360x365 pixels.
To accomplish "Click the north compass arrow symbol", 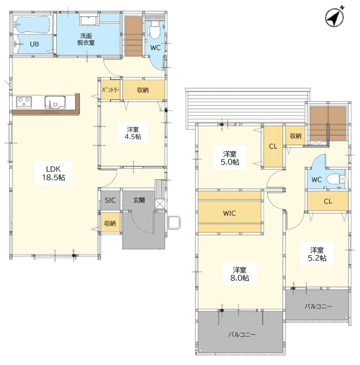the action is pyautogui.click(x=334, y=17).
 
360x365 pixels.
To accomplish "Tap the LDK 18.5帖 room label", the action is pyautogui.click(x=53, y=173).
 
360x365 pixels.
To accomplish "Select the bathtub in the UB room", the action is pyautogui.click(x=32, y=25).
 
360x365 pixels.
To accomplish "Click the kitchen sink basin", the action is pyautogui.click(x=55, y=102).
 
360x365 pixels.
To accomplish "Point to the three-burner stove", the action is pyautogui.click(x=24, y=102).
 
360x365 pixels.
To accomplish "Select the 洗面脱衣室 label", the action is pyautogui.click(x=86, y=39).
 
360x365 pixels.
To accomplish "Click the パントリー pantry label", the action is pyautogui.click(x=111, y=90).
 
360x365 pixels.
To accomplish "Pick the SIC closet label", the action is pyautogui.click(x=110, y=200).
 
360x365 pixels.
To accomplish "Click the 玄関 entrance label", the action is pyautogui.click(x=139, y=200).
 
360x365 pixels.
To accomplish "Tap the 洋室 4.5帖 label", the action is pyautogui.click(x=133, y=133).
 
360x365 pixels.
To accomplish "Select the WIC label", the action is pyautogui.click(x=230, y=213).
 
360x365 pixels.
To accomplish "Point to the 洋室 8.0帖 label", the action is pyautogui.click(x=240, y=274).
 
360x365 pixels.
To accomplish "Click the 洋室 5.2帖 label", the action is pyautogui.click(x=317, y=254).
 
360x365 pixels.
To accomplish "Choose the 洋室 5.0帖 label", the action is pyautogui.click(x=230, y=158).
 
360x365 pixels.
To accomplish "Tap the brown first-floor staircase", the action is pyautogui.click(x=134, y=36).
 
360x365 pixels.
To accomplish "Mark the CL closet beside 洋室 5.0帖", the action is pyautogui.click(x=273, y=146).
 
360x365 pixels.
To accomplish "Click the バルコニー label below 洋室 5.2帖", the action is pyautogui.click(x=318, y=306).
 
